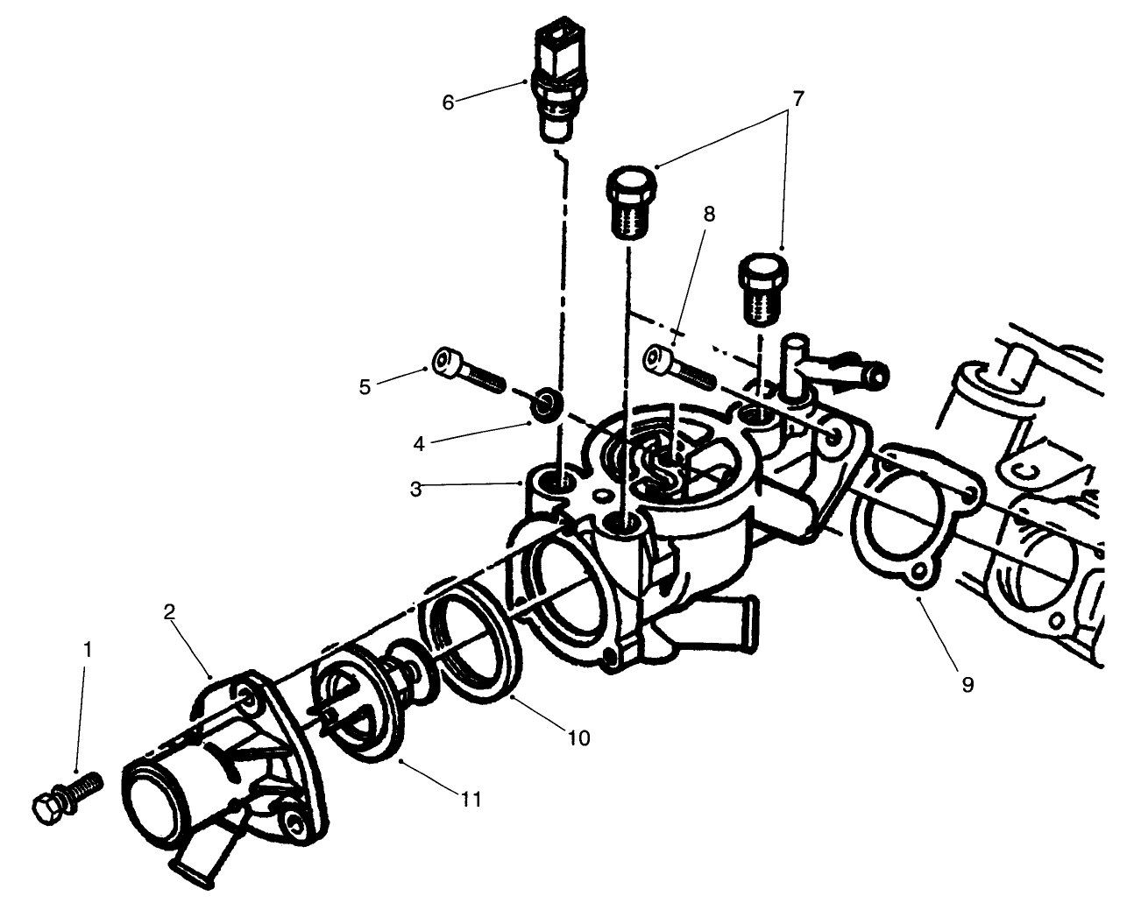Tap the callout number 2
[x=170, y=611]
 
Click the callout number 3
[x=416, y=489]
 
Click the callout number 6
[x=448, y=102]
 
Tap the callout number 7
[x=796, y=98]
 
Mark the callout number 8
[x=708, y=215]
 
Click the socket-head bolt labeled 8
[x=679, y=365]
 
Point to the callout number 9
[x=967, y=684]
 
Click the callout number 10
[x=578, y=737]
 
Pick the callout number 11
[x=471, y=799]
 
